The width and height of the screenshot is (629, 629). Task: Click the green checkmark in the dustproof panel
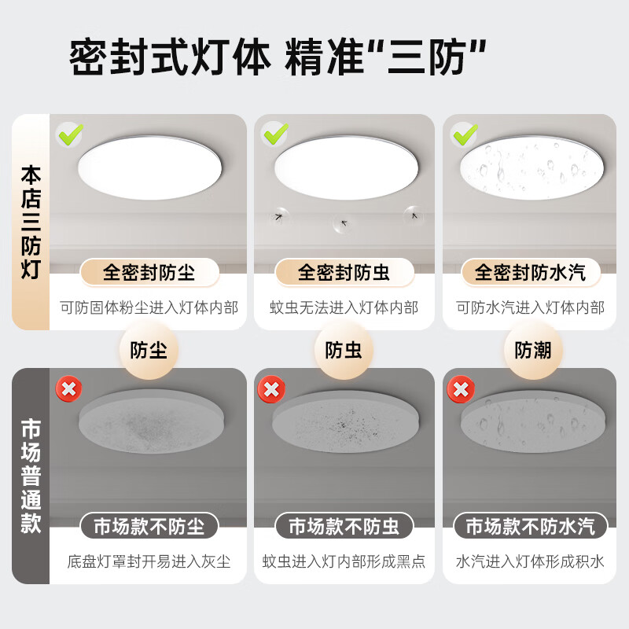point(70,134)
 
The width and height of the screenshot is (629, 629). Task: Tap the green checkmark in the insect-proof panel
point(274,134)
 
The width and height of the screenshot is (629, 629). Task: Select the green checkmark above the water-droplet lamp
point(465,134)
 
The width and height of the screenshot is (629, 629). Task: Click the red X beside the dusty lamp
point(68,388)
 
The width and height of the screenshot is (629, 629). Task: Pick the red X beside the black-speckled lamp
point(271,388)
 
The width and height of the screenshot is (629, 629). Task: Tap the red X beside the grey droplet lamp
point(461,388)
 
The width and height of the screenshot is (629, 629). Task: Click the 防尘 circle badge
point(149,350)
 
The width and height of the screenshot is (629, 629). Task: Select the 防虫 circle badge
point(344,350)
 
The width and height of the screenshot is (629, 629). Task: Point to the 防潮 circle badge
point(533,350)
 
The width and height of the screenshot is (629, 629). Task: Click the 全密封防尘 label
point(149,272)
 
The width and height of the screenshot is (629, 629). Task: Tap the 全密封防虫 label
point(344,272)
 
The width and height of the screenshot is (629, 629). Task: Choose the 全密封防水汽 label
point(531,272)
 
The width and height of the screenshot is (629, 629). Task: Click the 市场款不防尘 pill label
point(149,526)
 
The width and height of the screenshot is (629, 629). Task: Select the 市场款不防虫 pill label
point(344,526)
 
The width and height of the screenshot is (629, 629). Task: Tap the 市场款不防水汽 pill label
point(531,526)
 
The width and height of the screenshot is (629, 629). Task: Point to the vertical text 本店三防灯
point(31,222)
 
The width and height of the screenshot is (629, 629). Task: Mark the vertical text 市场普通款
point(31,476)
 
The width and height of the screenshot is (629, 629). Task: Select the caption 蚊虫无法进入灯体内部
point(344,307)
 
